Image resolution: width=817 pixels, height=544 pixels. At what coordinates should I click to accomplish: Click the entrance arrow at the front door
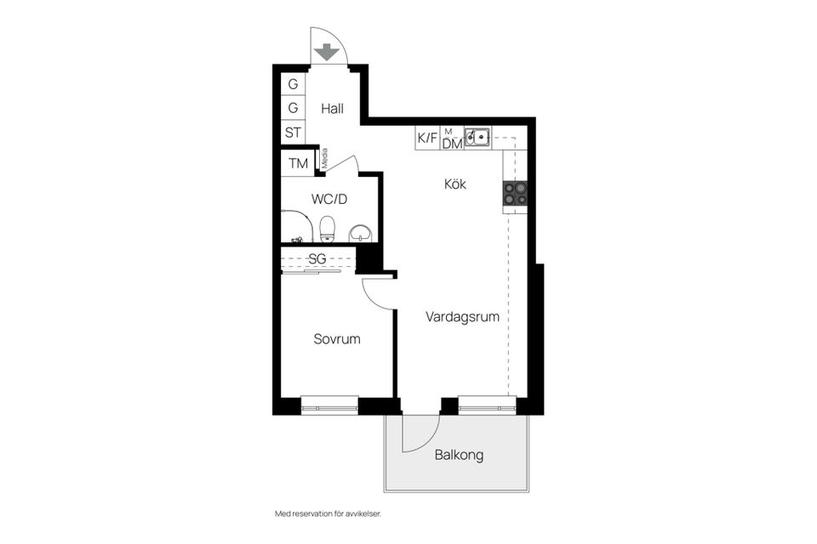pos(324,53)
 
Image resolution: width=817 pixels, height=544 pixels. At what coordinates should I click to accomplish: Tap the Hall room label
pos(332,109)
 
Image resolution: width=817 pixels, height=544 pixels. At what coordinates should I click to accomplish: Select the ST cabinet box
pos(293,133)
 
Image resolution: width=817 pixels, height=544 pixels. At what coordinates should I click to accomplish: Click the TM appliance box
pos(297,163)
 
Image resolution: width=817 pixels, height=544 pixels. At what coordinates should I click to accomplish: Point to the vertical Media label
pos(323,159)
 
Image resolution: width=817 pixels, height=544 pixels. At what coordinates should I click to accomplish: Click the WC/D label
pos(329,200)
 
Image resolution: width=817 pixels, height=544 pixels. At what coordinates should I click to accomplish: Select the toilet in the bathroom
pos(327,227)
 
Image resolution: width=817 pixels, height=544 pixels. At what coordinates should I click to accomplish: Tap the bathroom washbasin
pos(361,231)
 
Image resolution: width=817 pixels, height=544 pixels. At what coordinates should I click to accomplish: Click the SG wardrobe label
pos(317,258)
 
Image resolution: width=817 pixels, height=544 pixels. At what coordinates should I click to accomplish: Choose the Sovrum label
pos(336,338)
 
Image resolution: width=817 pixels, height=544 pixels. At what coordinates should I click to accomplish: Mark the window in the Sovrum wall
pos(329,405)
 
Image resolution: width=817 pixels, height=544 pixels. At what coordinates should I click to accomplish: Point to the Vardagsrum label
pos(462,316)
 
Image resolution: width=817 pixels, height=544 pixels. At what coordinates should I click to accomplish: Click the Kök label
pos(455,184)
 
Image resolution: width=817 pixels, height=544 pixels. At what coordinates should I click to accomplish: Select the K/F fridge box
pos(427,138)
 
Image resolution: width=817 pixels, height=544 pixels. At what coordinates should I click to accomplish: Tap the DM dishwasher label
pos(452,144)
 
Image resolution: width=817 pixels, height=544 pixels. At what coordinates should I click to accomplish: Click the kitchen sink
pos(477,135)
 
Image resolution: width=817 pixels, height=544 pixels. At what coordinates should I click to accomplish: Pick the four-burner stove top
pos(515,193)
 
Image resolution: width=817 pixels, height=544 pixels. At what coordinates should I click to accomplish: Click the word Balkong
pos(459,455)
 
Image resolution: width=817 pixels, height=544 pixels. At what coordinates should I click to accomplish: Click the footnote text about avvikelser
pos(334,513)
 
